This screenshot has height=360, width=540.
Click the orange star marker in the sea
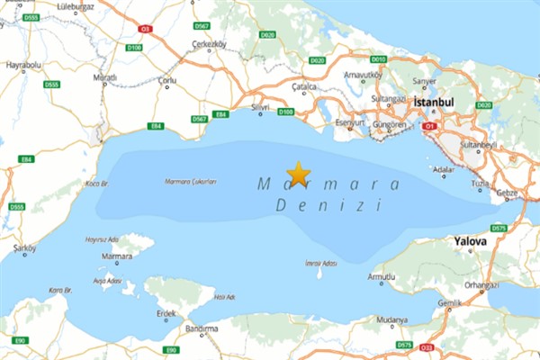click(x=298, y=173)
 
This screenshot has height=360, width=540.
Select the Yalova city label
click(x=471, y=241)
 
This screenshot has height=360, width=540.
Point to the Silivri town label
click(x=260, y=107)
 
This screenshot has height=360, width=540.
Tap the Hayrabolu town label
click(x=23, y=66)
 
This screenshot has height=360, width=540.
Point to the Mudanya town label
click(x=392, y=319)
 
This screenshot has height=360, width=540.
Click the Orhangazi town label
click(x=481, y=286)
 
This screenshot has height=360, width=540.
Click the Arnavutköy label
click(x=364, y=75)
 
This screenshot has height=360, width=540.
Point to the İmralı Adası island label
click(x=321, y=263)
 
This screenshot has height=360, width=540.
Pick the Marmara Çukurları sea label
click(x=191, y=182)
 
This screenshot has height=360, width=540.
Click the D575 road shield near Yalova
click(x=499, y=229)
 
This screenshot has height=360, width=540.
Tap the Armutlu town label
click(x=382, y=277)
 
